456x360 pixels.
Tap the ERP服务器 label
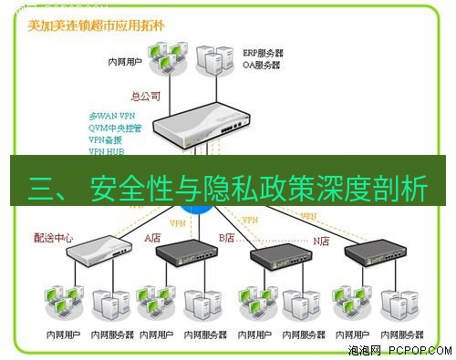click(264, 54)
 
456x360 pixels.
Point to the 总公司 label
click(147, 95)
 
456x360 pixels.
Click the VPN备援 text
click(106, 140)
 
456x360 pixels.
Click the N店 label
click(322, 242)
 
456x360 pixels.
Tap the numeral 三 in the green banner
click(43, 189)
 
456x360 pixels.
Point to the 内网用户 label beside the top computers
click(125, 65)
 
